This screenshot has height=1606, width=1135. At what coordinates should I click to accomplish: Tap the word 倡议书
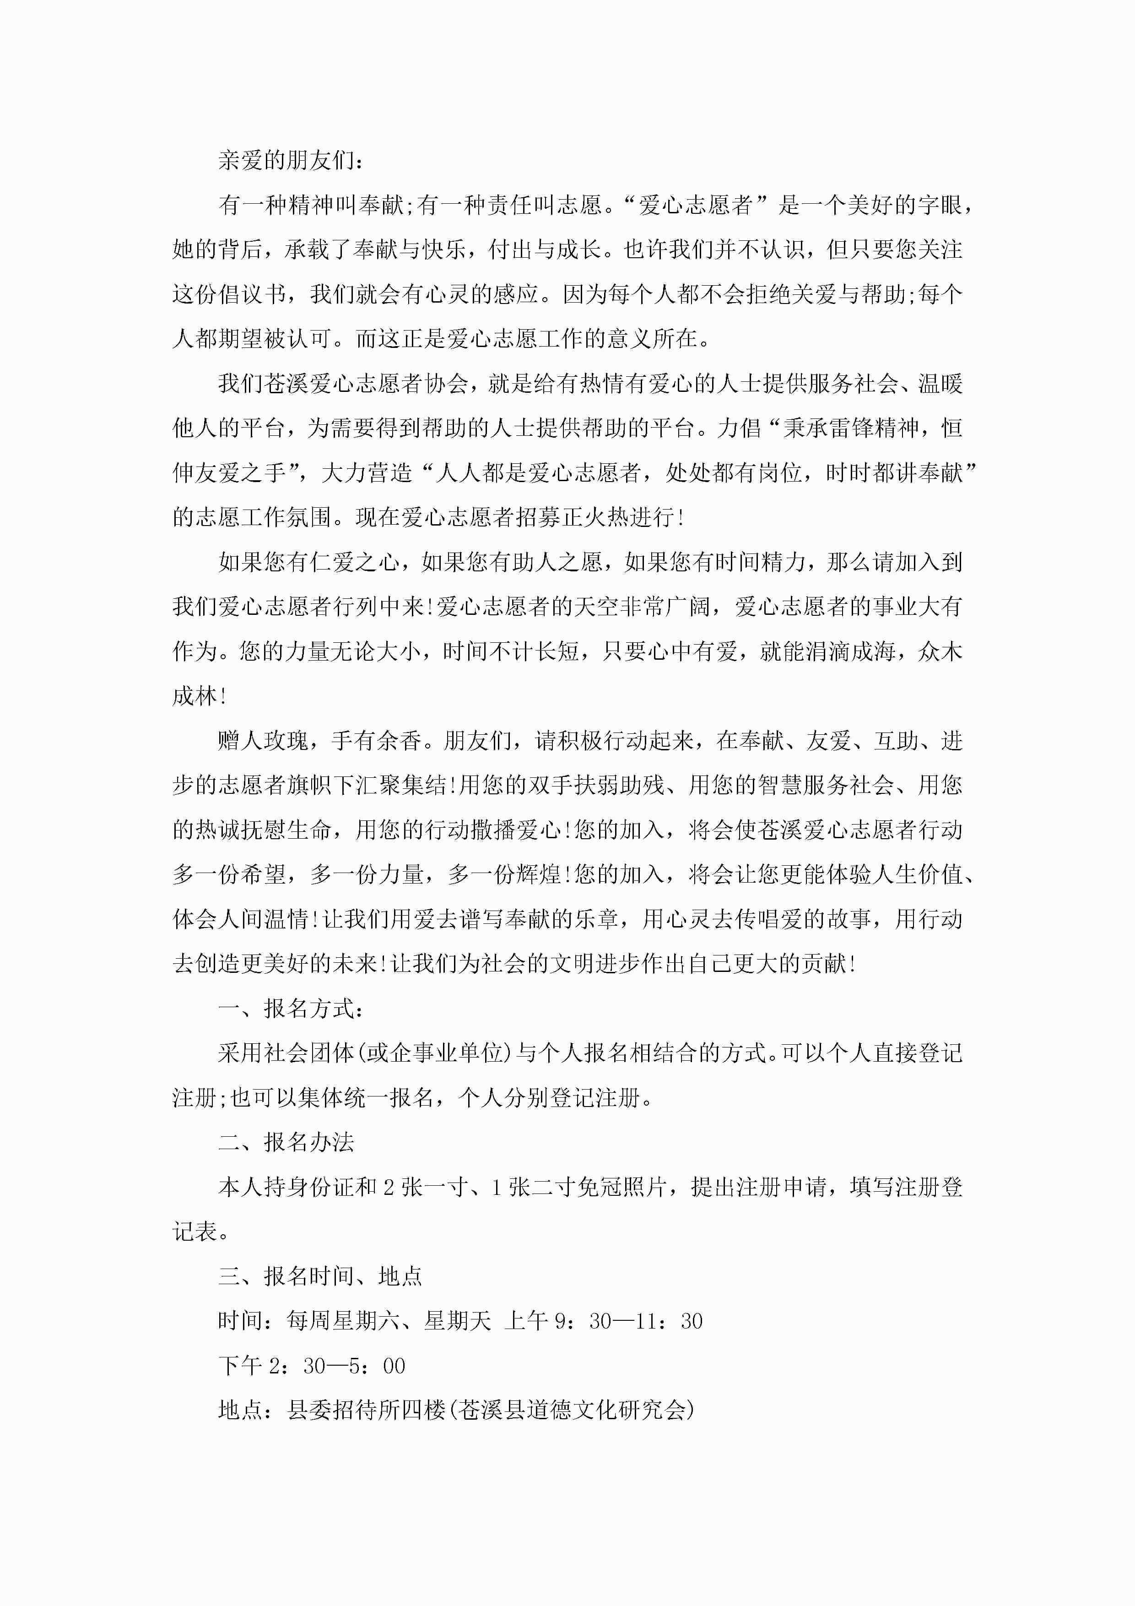click(252, 294)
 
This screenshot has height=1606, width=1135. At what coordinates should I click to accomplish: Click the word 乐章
click(595, 919)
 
